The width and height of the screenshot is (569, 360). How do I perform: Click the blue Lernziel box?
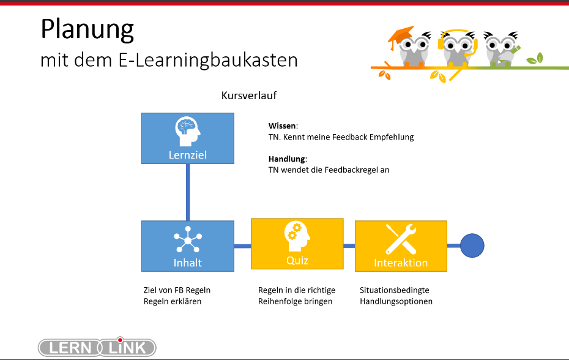(x=188, y=138)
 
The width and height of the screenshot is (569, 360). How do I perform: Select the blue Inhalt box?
(x=188, y=246)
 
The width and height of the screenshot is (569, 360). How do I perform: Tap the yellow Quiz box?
(x=297, y=244)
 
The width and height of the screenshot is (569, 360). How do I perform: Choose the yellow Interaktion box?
(x=401, y=246)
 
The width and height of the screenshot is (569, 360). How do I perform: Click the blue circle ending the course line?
(x=472, y=246)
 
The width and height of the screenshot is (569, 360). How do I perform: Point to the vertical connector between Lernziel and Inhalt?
(x=188, y=192)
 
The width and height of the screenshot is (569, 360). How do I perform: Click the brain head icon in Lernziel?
(x=188, y=131)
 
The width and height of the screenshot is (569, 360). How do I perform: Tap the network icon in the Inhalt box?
(x=188, y=240)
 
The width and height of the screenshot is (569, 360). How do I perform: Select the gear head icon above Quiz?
(x=297, y=236)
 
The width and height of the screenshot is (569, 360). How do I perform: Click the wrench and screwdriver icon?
(x=401, y=239)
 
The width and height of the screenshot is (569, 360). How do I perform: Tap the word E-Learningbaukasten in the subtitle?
(x=208, y=60)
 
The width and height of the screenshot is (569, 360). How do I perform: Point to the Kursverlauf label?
(x=249, y=96)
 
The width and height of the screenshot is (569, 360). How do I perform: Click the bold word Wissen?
(x=282, y=126)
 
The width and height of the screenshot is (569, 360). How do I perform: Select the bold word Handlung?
(x=287, y=159)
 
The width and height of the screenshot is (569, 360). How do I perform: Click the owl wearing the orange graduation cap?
(x=411, y=47)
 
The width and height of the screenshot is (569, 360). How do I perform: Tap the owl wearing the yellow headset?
(x=457, y=48)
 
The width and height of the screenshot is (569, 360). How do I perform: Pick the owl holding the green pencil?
(x=502, y=49)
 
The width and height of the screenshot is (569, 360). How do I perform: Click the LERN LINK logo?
(x=97, y=347)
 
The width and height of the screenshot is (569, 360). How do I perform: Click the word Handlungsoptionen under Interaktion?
(x=396, y=301)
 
